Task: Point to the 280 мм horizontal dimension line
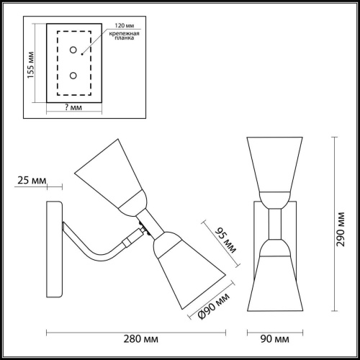pyautogui.click(x=140, y=330)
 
